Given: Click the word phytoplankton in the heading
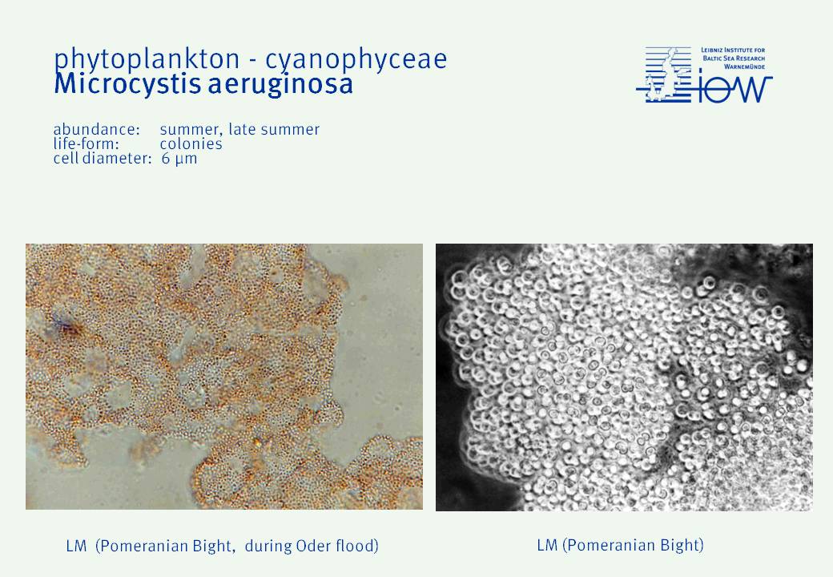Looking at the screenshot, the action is coord(147,59).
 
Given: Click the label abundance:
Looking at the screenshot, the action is coord(96,130).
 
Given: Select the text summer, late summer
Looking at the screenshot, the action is coord(239,130).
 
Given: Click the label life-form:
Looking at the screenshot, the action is coord(86,144).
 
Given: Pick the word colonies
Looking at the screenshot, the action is coord(191,144).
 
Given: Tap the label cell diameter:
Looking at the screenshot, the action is coord(103,159).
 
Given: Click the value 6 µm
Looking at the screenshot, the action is coord(179,159).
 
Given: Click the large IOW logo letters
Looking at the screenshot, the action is coord(734,89).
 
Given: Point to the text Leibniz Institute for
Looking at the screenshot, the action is coord(733,50).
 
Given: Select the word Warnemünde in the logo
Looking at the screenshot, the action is coord(744,67).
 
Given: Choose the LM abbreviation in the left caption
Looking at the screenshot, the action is coord(77,547).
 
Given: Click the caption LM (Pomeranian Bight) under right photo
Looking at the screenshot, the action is coord(620,545).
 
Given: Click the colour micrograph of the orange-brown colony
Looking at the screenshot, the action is coord(224,377).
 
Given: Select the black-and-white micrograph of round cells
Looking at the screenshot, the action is coord(624,377).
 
